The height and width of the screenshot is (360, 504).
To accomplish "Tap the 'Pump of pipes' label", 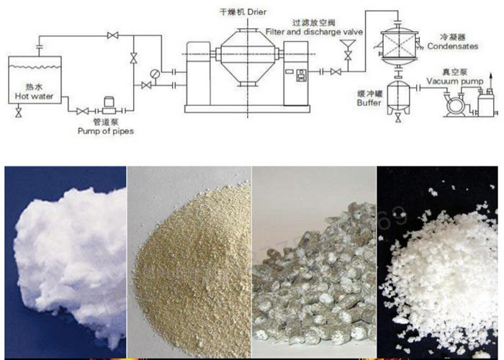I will click(107, 131).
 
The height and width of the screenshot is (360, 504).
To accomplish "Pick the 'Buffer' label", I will click(368, 103).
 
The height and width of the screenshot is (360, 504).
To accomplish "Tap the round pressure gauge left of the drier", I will click(155, 72).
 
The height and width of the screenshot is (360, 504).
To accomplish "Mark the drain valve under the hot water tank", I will click(17, 114).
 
